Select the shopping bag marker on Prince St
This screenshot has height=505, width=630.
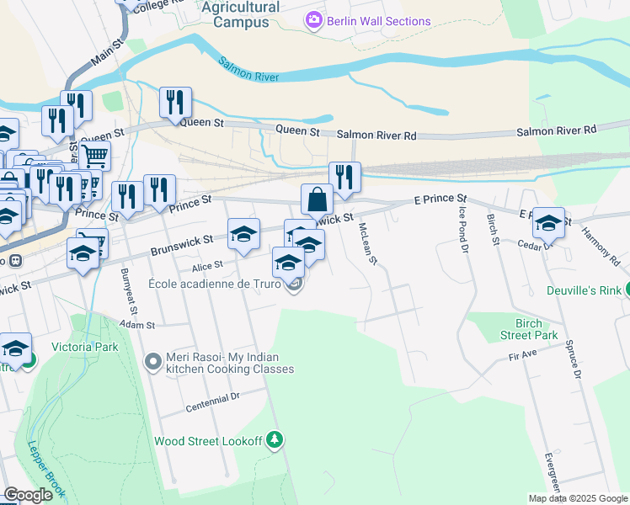[317, 200]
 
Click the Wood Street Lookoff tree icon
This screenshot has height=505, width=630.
[273, 439]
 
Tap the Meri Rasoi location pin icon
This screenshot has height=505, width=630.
[152, 362]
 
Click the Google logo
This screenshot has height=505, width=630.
[29, 495]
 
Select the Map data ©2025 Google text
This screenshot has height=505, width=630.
[579, 497]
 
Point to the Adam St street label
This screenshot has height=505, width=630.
[138, 324]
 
